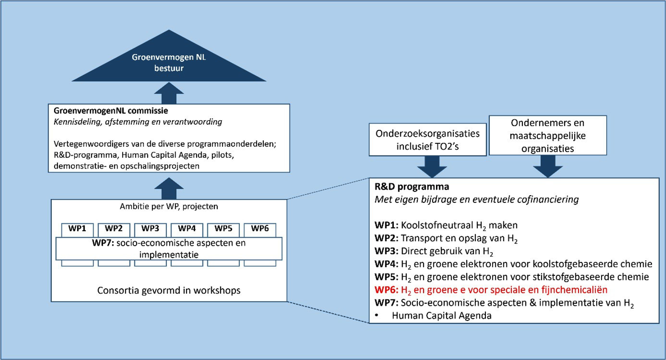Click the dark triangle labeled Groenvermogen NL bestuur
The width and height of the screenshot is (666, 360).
[x=169, y=62]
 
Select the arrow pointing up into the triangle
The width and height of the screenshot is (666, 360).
[x=169, y=94]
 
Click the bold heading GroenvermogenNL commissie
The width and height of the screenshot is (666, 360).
[x=110, y=111]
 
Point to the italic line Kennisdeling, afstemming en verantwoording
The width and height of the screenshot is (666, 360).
[x=138, y=122]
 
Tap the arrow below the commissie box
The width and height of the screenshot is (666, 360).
[x=169, y=189]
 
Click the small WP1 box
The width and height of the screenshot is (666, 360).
[x=77, y=229]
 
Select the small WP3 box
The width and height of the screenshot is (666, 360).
[x=150, y=229]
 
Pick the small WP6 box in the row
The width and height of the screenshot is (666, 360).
[x=260, y=229]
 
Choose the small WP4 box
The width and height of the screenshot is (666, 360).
[x=187, y=229]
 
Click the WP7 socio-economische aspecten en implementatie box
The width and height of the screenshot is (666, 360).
[x=169, y=249]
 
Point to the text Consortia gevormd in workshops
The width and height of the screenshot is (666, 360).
[x=169, y=290]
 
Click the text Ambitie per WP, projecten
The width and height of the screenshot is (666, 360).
[x=169, y=206]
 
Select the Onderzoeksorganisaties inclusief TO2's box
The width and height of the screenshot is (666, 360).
[x=427, y=140]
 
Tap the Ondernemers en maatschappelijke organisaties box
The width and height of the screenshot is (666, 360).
[x=548, y=136]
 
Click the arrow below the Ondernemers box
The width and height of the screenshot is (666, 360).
[x=548, y=166]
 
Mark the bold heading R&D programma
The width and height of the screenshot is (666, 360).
[x=412, y=187]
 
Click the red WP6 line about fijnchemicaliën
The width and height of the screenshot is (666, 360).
[x=491, y=290]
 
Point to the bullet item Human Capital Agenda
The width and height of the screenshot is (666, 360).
[x=441, y=316]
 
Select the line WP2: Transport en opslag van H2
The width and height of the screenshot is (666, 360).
[x=446, y=238]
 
